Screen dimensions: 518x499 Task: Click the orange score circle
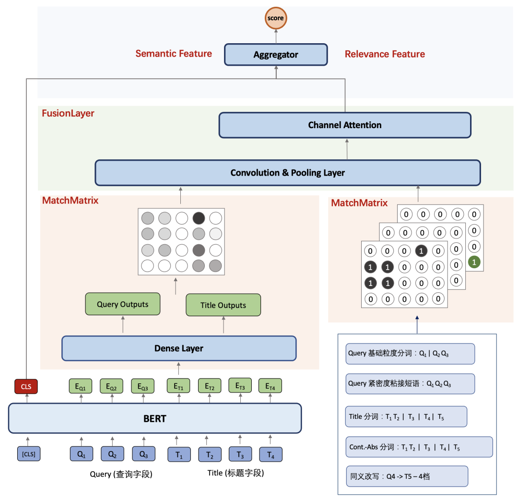pyautogui.click(x=276, y=18)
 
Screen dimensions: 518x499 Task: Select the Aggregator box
pyautogui.click(x=276, y=55)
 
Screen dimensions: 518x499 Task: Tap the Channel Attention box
pyautogui.click(x=345, y=125)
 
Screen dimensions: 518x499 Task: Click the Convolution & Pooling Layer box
pyautogui.click(x=288, y=173)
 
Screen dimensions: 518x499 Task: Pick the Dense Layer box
pyautogui.click(x=179, y=348)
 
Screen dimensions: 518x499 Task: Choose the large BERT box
pyautogui.click(x=155, y=418)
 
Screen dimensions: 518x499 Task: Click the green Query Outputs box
pyautogui.click(x=123, y=304)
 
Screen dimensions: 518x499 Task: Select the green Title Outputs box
pyautogui.click(x=224, y=305)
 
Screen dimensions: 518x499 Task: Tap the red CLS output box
pyautogui.click(x=26, y=386)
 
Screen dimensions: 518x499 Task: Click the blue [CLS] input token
pyautogui.click(x=29, y=454)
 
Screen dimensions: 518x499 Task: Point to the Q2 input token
pyautogui.click(x=112, y=454)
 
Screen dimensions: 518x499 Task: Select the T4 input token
pyautogui.click(x=271, y=455)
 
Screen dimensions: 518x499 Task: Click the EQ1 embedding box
pyautogui.click(x=80, y=386)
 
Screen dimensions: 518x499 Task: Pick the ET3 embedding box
pyautogui.click(x=240, y=386)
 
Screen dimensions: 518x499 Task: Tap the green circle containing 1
pyautogui.click(x=474, y=262)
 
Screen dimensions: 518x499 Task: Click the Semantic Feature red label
pyautogui.click(x=174, y=54)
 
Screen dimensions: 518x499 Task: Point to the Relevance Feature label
pyautogui.click(x=385, y=54)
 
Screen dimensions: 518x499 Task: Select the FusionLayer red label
pyautogui.click(x=68, y=113)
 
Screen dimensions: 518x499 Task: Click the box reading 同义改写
pyautogui.click(x=407, y=476)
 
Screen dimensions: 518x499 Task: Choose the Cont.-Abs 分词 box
pyautogui.click(x=419, y=447)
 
